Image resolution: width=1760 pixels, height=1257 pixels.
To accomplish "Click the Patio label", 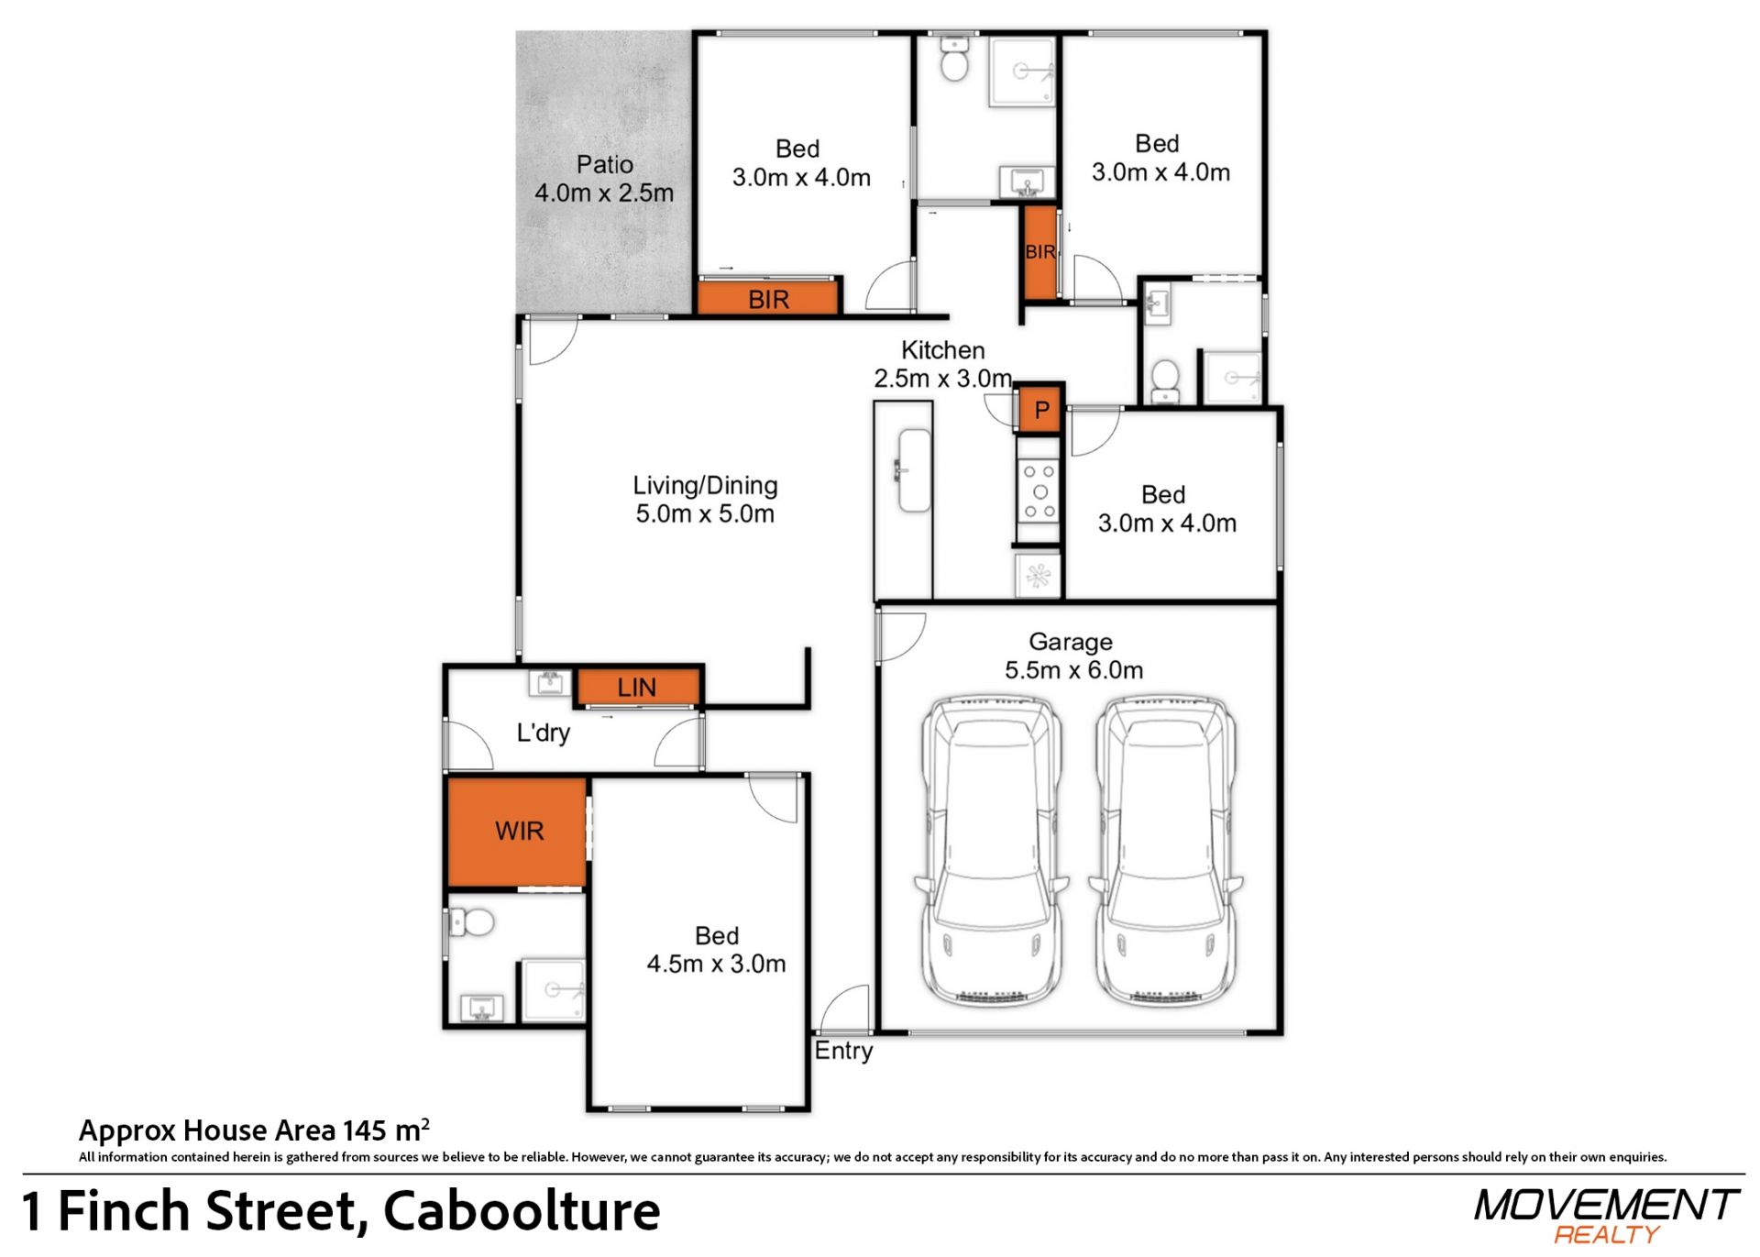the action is (604, 165).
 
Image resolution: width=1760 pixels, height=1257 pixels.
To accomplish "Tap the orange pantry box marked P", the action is (1040, 409).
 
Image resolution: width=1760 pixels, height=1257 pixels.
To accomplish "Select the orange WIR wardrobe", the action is (517, 832).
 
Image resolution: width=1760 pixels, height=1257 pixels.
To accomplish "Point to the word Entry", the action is (843, 1051).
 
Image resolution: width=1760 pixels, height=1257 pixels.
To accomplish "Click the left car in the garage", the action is (990, 851).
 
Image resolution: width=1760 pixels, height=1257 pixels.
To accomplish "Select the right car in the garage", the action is (1165, 851).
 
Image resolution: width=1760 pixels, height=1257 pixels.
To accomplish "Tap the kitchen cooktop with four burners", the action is (1039, 492).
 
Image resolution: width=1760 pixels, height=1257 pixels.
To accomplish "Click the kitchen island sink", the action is (914, 470).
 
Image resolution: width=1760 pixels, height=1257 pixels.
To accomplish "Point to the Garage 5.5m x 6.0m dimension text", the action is (1072, 670).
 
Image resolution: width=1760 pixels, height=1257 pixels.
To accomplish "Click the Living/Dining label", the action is (705, 486).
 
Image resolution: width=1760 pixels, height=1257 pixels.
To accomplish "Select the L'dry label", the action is (543, 733).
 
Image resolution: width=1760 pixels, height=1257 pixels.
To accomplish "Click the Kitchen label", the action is (942, 350).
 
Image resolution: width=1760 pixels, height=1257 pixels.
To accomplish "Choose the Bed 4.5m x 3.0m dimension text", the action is (716, 965).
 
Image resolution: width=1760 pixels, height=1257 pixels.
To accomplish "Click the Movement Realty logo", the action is (1606, 1216).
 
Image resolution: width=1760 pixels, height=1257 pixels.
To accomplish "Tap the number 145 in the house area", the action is (365, 1131).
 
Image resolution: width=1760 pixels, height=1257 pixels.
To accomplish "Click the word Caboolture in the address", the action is (521, 1211).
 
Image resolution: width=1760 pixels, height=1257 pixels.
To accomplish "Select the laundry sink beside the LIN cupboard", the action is (550, 683).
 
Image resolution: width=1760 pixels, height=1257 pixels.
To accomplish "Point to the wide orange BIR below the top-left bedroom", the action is (768, 299).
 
